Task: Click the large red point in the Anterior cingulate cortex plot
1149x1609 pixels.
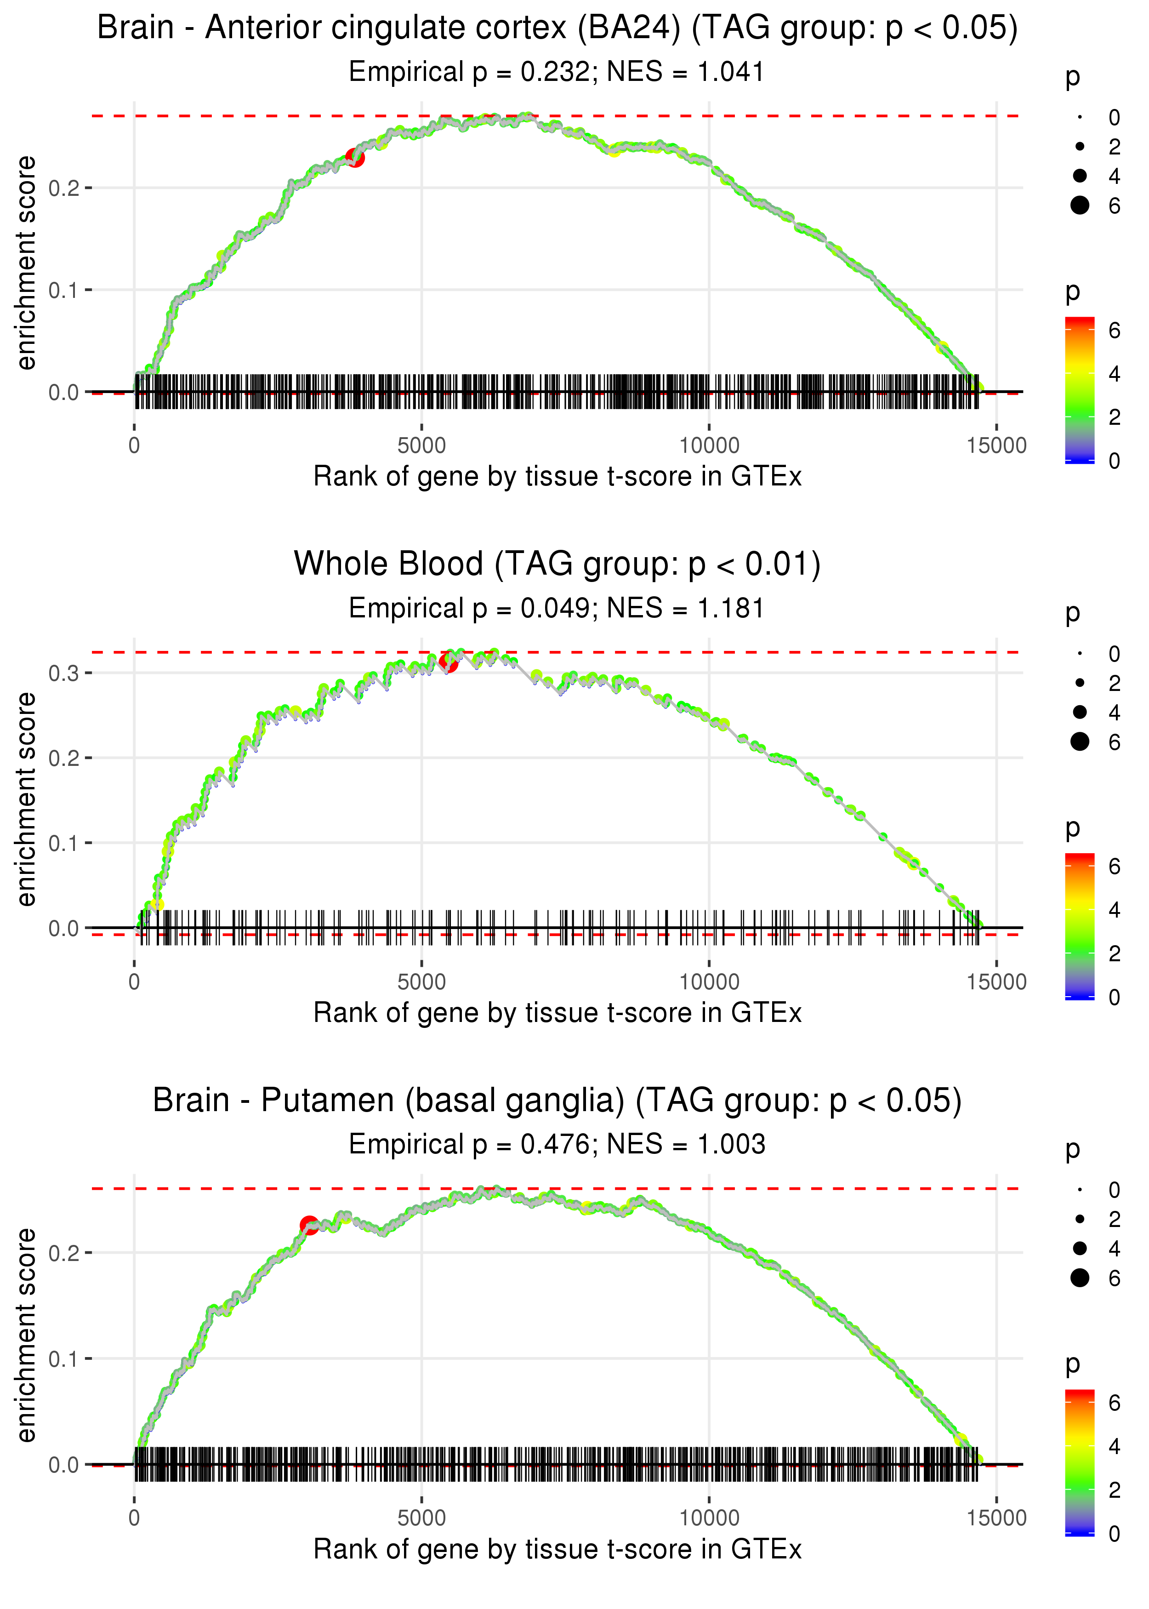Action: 355,158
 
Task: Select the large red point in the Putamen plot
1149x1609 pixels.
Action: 309,1225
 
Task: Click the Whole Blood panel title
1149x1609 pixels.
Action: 557,564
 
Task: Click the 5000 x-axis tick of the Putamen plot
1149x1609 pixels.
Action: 421,1517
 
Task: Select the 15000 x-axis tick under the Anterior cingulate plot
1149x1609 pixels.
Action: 996,446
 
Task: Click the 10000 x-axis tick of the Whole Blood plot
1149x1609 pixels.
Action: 709,982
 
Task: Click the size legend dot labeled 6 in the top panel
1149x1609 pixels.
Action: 1080,205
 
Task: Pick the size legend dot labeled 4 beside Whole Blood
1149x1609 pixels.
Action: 1080,712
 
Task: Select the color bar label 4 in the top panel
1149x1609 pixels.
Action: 1115,374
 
